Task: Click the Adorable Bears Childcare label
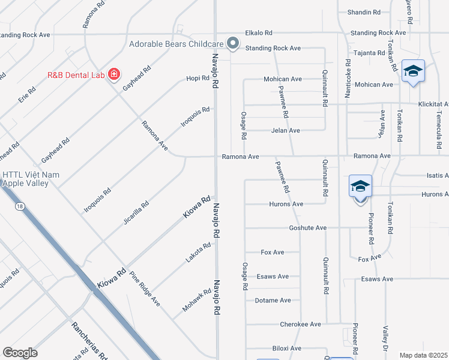click(x=176, y=44)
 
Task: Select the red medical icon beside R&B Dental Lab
click(x=113, y=75)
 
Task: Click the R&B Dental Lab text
click(x=76, y=76)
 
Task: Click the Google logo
click(x=20, y=353)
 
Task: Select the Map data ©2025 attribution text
click(x=423, y=355)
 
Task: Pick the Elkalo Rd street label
click(x=258, y=33)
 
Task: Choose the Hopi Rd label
click(x=197, y=79)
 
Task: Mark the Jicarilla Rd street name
click(x=135, y=212)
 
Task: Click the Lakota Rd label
click(x=198, y=252)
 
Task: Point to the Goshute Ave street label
click(x=307, y=228)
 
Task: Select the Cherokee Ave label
click(x=300, y=324)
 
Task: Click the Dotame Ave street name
click(x=273, y=300)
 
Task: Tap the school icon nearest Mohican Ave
click(x=413, y=71)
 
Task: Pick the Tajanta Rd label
click(x=369, y=53)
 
